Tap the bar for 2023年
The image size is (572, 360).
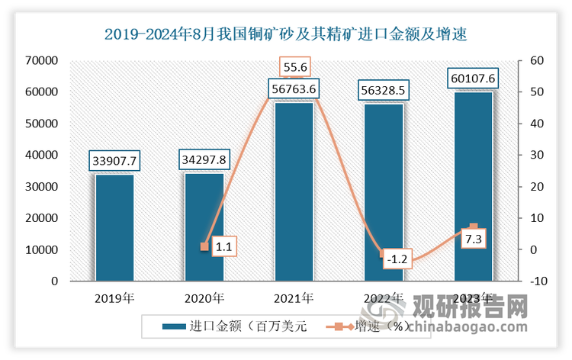[474, 187]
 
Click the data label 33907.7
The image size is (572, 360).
[114, 161]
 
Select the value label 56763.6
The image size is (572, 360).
[294, 89]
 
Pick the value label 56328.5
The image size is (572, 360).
[384, 91]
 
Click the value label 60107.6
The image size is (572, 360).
[474, 79]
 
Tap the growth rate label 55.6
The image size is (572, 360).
[294, 67]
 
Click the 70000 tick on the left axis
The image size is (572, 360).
[41, 60]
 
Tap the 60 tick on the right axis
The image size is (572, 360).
[537, 60]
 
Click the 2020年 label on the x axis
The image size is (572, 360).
[204, 298]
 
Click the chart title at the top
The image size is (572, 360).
[286, 34]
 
